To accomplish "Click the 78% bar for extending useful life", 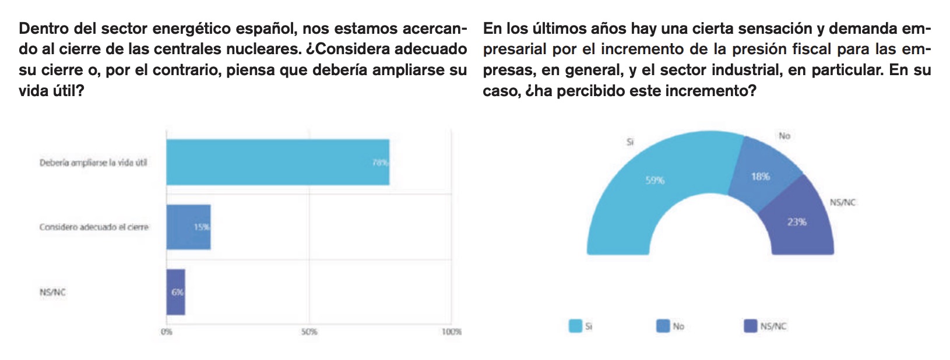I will point(277,162).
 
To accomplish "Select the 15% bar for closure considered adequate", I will point(188,227).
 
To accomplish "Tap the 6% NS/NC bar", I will point(175,292).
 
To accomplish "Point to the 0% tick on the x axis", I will point(167,331).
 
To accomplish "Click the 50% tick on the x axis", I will point(309,331).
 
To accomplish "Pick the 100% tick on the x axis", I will point(451,331).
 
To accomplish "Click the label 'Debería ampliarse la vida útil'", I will point(93,163).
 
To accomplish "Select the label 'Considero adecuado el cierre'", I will point(94,227).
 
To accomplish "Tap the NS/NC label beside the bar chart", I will point(52,292).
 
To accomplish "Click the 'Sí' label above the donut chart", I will point(630,142).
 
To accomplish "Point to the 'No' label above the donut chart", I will point(784,136).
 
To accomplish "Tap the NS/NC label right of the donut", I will point(843,202).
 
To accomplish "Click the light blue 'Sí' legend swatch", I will point(576,326).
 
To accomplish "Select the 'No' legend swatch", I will point(663,326).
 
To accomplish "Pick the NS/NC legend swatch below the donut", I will point(751,326).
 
